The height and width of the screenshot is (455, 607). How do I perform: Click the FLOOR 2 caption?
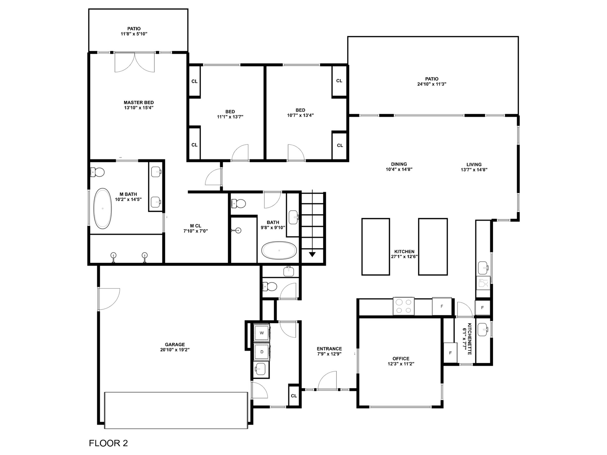tap(108, 443)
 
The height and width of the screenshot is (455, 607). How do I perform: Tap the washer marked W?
tap(262, 333)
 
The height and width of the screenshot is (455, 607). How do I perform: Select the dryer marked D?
tap(262, 352)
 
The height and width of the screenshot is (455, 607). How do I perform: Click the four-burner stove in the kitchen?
tap(403, 306)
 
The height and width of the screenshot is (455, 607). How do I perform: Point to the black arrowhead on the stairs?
tap(312, 254)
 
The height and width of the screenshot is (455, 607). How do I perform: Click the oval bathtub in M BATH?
tap(102, 208)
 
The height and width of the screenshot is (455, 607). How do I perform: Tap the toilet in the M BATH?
tap(98, 172)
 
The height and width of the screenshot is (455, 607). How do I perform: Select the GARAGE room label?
tap(175, 344)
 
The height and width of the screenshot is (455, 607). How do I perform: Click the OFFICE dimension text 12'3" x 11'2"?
tap(401, 364)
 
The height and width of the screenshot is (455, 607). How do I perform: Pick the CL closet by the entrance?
tap(294, 396)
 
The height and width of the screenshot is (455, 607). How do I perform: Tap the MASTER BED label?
tap(139, 103)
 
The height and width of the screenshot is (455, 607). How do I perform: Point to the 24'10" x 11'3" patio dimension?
tap(432, 84)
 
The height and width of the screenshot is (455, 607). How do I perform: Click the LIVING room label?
tap(474, 165)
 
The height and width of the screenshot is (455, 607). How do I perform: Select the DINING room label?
tap(399, 164)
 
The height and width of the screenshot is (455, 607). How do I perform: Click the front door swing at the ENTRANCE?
tap(327, 381)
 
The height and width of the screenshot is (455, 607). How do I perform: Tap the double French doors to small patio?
tap(134, 62)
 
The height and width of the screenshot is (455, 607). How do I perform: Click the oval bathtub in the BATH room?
tap(279, 250)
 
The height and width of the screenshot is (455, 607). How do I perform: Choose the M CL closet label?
tap(196, 226)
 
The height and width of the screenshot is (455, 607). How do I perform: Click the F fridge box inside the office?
tap(450, 352)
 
